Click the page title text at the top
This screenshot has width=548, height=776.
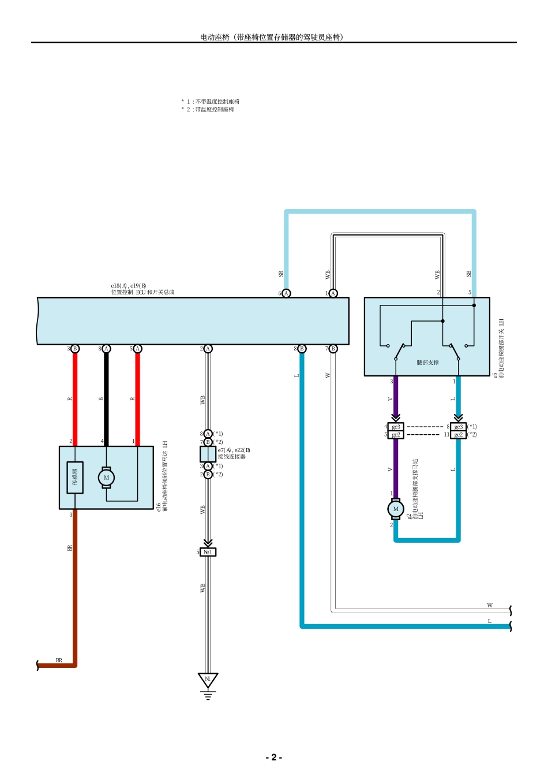click(272, 37)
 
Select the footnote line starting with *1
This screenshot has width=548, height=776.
click(211, 102)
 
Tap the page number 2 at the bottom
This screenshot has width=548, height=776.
click(273, 757)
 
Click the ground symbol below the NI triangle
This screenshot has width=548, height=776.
click(208, 695)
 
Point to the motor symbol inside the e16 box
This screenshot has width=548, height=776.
click(106, 477)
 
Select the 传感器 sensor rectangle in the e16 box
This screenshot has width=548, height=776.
click(75, 477)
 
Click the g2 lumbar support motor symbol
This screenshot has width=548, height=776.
click(396, 509)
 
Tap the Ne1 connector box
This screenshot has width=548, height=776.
click(208, 552)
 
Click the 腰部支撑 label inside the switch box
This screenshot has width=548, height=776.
click(427, 363)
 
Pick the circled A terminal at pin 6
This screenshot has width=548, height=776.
click(286, 293)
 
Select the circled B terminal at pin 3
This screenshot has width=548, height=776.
click(75, 349)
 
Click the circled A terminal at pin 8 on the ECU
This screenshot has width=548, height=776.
click(106, 349)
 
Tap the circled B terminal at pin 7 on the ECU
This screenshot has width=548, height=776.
click(333, 349)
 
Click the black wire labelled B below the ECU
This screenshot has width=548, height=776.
click(106, 398)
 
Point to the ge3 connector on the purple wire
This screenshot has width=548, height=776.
click(396, 427)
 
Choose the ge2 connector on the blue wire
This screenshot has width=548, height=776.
click(459, 435)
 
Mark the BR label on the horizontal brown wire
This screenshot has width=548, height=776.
click(59, 660)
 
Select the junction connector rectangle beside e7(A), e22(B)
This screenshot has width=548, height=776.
click(208, 454)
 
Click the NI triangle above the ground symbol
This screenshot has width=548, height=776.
click(208, 680)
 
